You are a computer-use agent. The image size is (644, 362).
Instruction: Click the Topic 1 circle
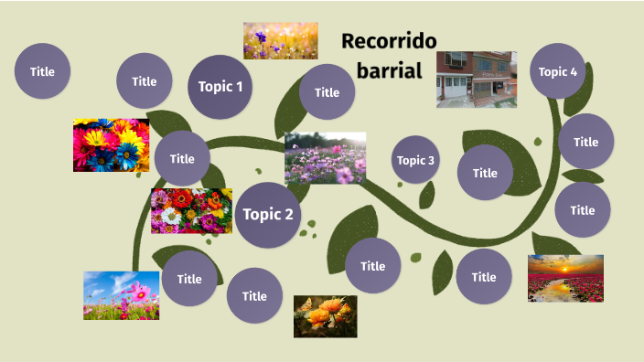(220, 87)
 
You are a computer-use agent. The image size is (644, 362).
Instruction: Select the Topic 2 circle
(269, 215)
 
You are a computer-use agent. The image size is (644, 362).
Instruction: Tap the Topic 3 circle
(415, 160)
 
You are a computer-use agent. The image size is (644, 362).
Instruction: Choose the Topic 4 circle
(558, 71)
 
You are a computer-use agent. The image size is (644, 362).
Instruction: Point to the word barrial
(389, 70)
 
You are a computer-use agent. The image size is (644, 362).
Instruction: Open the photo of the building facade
(476, 80)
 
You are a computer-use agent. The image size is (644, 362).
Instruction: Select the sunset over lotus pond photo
(565, 278)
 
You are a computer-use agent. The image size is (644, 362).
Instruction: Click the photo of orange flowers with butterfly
(325, 316)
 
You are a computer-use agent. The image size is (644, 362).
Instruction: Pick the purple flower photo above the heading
(280, 41)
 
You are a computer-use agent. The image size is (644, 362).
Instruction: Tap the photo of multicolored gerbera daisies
(111, 145)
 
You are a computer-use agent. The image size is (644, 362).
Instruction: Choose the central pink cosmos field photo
(325, 158)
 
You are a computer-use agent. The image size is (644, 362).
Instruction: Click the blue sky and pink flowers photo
(121, 294)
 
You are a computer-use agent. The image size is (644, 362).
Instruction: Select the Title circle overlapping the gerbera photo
(182, 158)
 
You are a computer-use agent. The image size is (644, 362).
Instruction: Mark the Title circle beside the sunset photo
(484, 277)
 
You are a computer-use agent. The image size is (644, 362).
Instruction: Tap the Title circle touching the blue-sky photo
(189, 279)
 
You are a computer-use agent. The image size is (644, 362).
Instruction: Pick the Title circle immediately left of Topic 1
(145, 80)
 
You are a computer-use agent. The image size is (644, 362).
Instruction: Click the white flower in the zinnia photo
(171, 217)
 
